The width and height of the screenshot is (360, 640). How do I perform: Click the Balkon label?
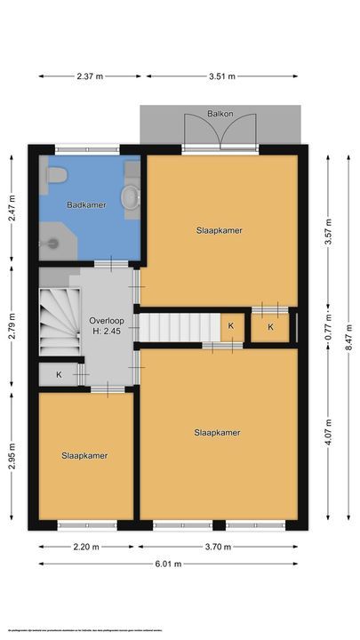pyautogui.click(x=220, y=115)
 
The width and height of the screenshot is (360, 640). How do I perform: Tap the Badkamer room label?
pyautogui.click(x=86, y=204)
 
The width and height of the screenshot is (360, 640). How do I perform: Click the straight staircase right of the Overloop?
pyautogui.click(x=180, y=325)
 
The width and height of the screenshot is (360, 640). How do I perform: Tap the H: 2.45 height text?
pyautogui.click(x=106, y=332)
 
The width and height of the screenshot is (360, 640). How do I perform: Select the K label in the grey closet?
pyautogui.click(x=59, y=374)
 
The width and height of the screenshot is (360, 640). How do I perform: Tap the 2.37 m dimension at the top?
pyautogui.click(x=88, y=76)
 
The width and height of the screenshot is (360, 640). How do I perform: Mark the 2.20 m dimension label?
pyautogui.click(x=85, y=547)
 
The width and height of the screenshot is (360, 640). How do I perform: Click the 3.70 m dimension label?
pyautogui.click(x=220, y=547)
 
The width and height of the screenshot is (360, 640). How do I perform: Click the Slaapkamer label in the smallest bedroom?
pyautogui.click(x=85, y=455)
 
